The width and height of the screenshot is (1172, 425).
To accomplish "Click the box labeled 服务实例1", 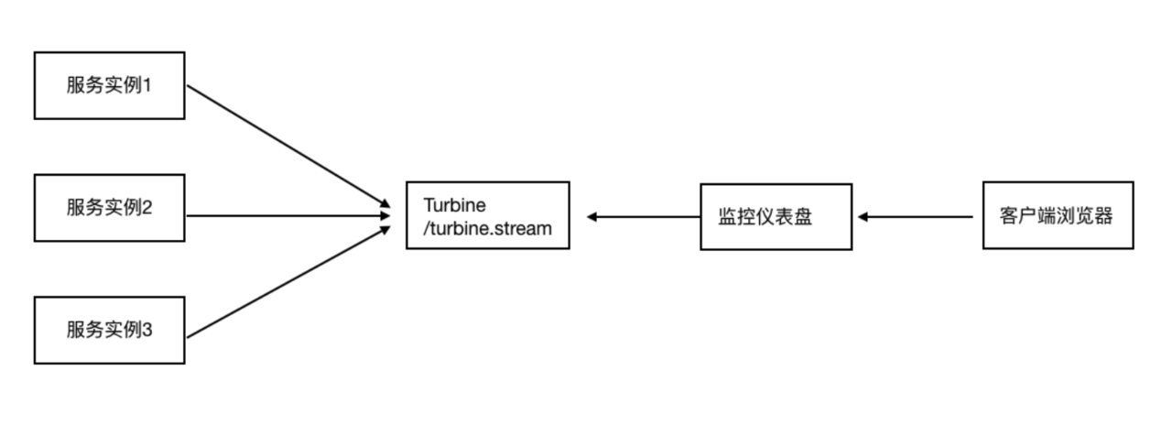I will point(109,85).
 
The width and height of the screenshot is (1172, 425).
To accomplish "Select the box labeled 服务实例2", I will point(109,208).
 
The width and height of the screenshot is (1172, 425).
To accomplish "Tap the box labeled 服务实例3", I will point(109,330).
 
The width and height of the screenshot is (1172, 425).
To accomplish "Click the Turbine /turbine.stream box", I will point(488,215).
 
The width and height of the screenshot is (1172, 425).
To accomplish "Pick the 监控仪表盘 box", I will point(776,217).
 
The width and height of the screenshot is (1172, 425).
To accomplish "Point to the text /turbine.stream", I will point(488,228).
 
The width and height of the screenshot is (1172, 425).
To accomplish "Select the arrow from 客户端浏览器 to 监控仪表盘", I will point(916,217).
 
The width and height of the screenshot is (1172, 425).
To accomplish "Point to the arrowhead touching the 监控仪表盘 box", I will point(863,217).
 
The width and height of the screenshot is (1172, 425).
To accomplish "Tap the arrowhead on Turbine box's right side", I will point(593,217).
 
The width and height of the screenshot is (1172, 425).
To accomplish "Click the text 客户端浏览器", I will point(1058,217).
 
